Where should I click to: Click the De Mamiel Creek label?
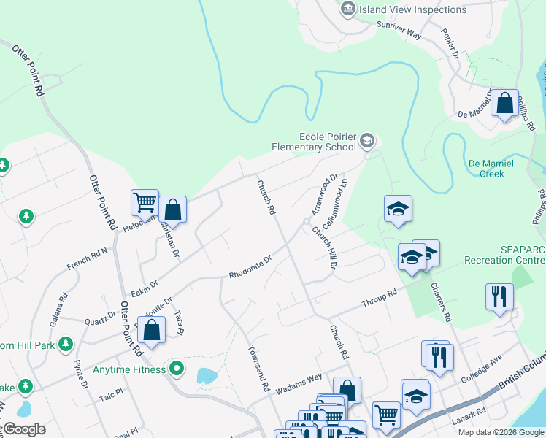491,169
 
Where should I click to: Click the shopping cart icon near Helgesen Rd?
145,202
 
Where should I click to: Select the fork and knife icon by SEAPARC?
499,296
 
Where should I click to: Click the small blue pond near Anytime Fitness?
206,376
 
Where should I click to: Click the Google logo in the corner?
23,429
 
